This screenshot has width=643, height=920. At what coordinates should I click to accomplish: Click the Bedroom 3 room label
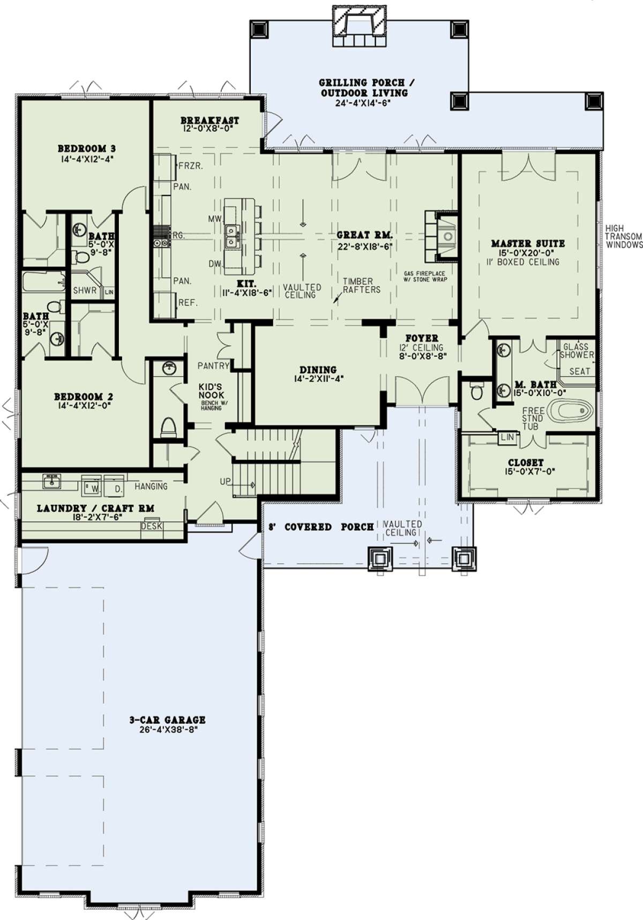coord(86,148)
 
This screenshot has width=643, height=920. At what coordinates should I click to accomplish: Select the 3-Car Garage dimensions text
coord(168,729)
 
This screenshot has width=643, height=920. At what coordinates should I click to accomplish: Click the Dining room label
coord(318,370)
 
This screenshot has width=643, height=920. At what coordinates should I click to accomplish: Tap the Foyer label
coord(422,339)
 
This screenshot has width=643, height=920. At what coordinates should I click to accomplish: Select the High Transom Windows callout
coord(624,236)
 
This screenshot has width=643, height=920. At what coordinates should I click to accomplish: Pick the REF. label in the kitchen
coord(188,303)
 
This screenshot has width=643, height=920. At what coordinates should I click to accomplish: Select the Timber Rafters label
coord(362,286)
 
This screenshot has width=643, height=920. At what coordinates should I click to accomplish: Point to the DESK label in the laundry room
coord(152,526)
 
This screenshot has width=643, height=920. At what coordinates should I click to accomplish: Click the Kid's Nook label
coord(210,391)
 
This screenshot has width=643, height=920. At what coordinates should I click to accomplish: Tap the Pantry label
coord(213,366)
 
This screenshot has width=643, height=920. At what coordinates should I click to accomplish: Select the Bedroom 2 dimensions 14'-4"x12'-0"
coord(84,407)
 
